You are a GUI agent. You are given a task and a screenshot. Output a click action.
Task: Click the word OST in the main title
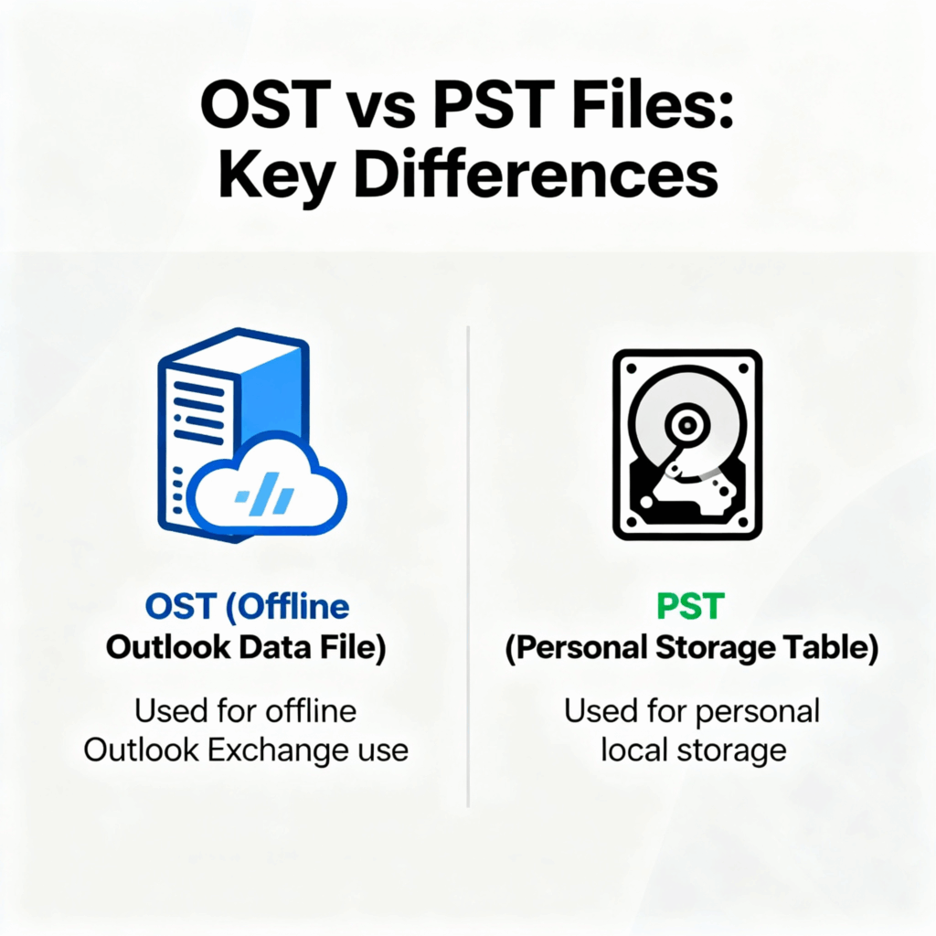point(265,105)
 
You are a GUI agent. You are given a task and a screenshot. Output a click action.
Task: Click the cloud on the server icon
point(267,485)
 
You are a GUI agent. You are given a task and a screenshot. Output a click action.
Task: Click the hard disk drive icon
point(687,445)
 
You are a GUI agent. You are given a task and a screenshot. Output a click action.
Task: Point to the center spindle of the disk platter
point(687,424)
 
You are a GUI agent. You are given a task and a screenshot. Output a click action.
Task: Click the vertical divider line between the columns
point(468,566)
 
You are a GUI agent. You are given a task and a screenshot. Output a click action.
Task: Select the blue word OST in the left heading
point(180,607)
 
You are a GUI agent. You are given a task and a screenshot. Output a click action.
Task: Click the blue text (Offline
point(288,608)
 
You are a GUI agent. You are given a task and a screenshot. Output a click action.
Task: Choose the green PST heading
point(691,607)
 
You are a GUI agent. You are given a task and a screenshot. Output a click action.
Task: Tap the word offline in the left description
point(311,711)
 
